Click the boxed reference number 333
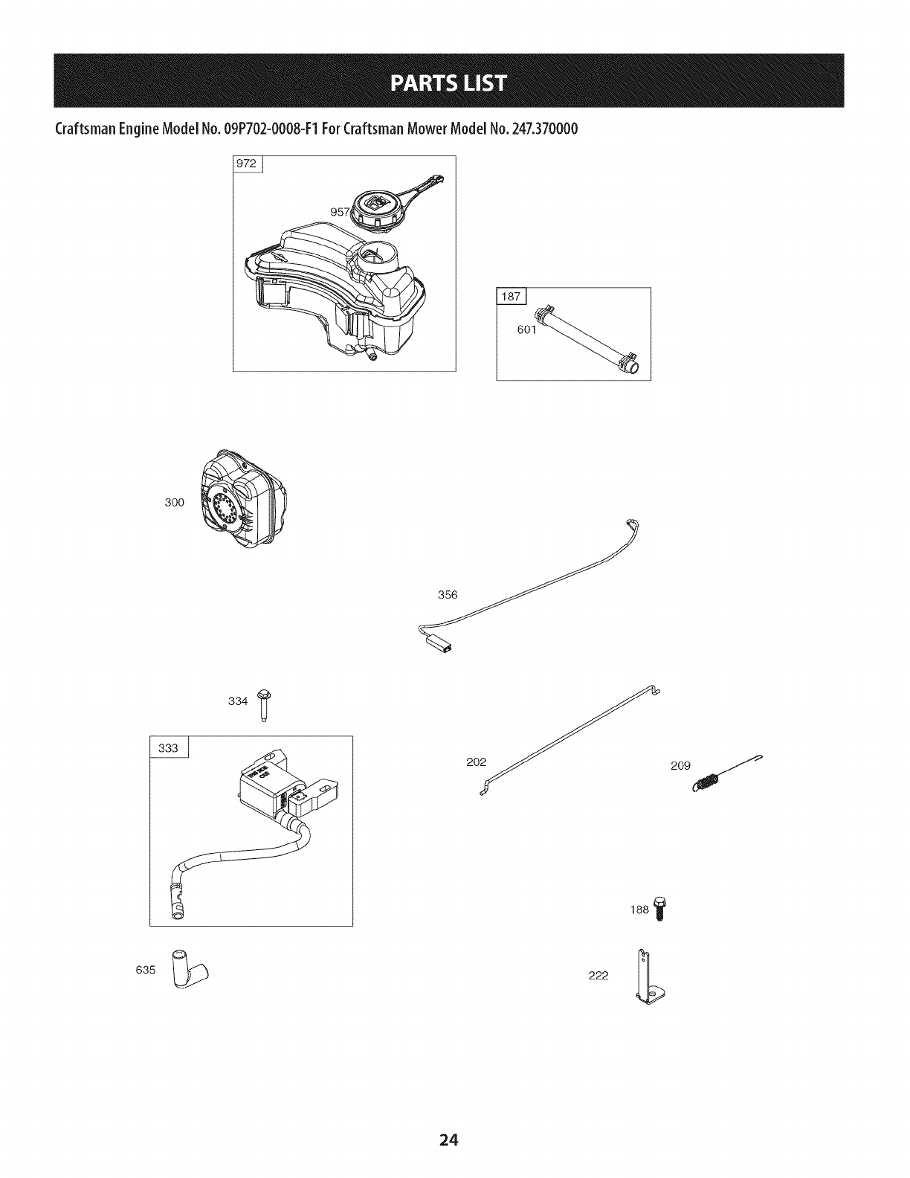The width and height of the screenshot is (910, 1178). pyautogui.click(x=170, y=747)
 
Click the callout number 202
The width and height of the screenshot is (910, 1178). pyautogui.click(x=476, y=762)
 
